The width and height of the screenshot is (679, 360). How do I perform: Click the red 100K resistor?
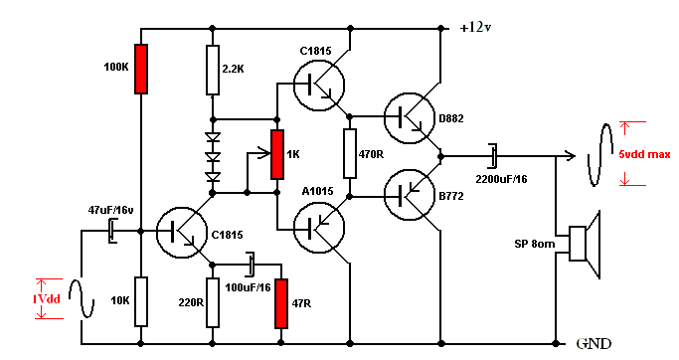(x=141, y=69)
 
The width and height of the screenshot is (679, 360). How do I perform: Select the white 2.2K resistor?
(x=212, y=70)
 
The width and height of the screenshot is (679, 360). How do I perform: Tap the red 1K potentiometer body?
(x=277, y=154)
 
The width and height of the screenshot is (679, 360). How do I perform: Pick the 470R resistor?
(x=350, y=153)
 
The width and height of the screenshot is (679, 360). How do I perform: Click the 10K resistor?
(x=141, y=301)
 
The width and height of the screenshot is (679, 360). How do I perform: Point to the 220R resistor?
(x=212, y=302)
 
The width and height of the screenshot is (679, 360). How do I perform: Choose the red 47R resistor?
(x=281, y=303)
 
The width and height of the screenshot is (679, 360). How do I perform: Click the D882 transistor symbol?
(x=410, y=117)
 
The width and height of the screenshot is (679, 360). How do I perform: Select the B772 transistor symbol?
(x=410, y=195)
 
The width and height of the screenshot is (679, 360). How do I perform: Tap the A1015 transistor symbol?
(x=319, y=228)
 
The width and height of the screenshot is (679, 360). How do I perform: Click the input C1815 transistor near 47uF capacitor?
(x=182, y=233)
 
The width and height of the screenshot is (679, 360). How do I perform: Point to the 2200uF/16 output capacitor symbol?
(x=493, y=156)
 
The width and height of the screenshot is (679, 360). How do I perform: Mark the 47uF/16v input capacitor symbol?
(x=112, y=231)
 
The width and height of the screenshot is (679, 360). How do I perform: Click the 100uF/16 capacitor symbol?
(x=251, y=264)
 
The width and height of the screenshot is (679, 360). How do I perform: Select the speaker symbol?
(x=585, y=244)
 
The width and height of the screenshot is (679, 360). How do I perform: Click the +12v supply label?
(x=475, y=27)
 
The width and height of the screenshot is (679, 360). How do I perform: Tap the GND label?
(x=594, y=344)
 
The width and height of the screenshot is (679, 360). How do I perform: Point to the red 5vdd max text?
(x=644, y=154)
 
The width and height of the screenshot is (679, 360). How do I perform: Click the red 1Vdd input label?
(x=47, y=299)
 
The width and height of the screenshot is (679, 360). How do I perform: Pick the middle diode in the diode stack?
(x=213, y=157)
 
